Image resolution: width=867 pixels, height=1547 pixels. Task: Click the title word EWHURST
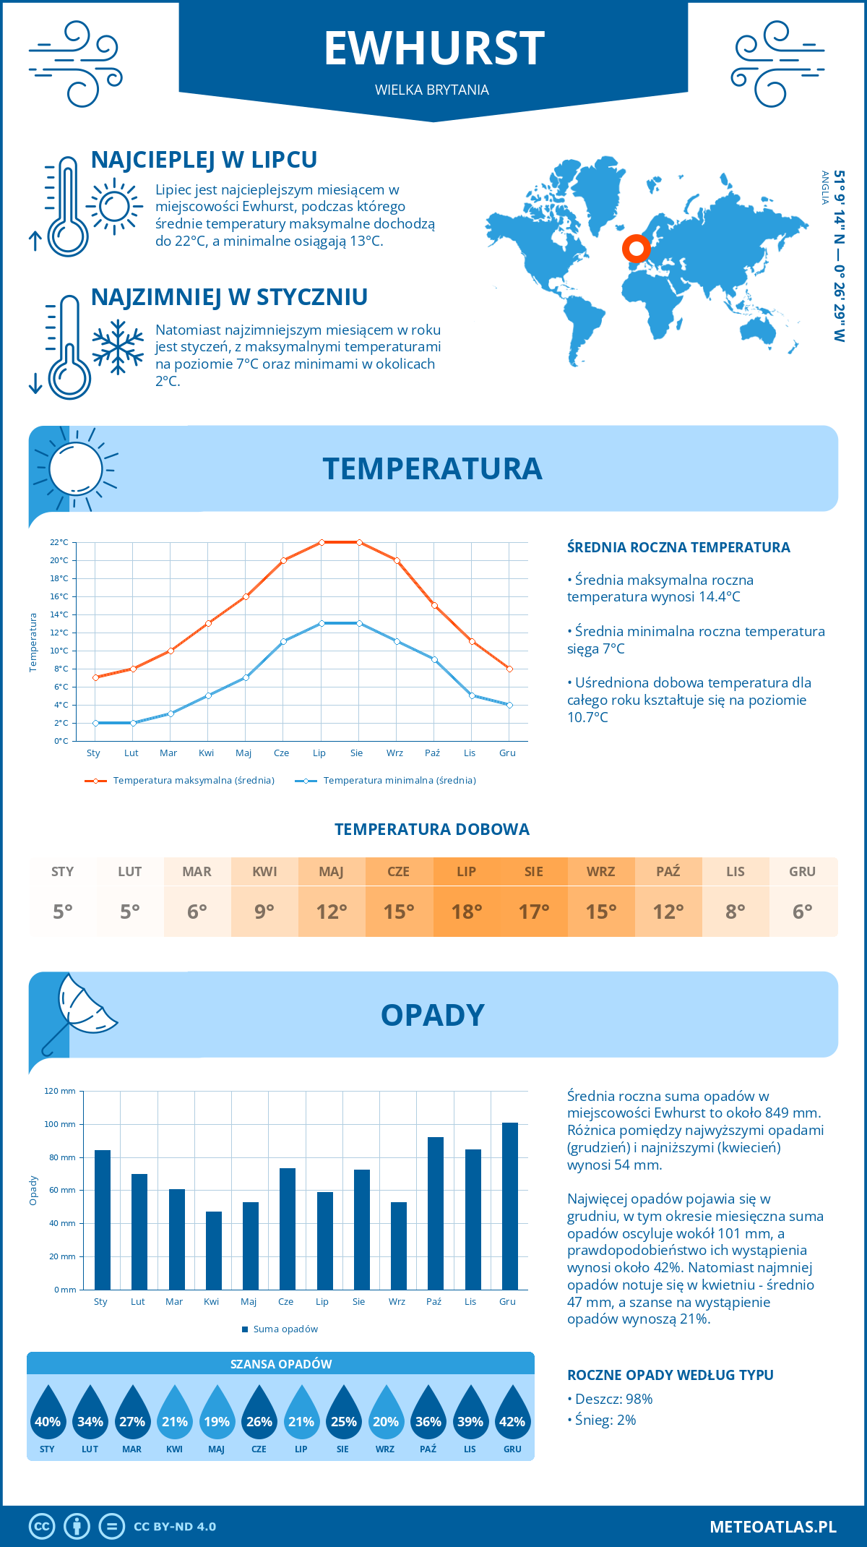pos(433,48)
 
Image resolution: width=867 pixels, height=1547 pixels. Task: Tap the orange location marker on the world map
pos(636,249)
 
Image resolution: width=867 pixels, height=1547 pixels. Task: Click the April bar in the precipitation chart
pos(214,1251)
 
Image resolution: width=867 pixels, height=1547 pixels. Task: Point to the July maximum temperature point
pos(322,542)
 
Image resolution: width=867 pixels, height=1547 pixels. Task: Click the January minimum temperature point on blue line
pos(95,723)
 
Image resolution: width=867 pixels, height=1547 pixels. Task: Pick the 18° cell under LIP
pos(466,911)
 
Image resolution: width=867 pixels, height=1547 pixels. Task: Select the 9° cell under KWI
pos(264,911)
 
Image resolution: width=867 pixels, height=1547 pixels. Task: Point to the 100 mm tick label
pos(60,1124)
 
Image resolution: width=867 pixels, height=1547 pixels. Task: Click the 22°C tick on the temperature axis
pos(59,542)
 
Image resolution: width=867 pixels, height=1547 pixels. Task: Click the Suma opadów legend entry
pos(285,1329)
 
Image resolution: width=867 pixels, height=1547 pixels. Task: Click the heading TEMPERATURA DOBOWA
pos(432,829)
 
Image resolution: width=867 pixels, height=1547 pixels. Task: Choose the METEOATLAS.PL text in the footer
pos(772,1527)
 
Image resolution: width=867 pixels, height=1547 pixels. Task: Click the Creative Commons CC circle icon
pos(42,1527)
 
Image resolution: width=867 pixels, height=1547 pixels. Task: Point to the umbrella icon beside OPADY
pos(79,1012)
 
